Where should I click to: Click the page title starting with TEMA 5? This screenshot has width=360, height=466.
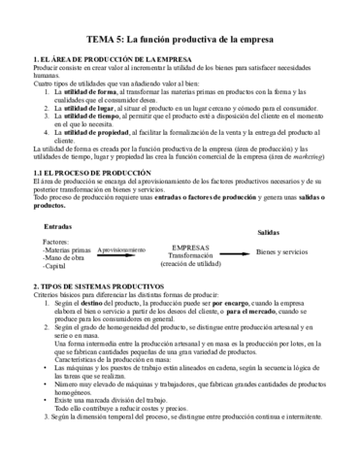pyautogui.click(x=180, y=38)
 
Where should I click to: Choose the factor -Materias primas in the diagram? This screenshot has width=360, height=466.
pyautogui.click(x=69, y=250)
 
